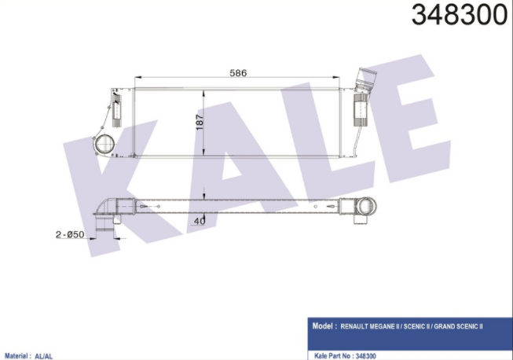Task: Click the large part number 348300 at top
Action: [x=460, y=14]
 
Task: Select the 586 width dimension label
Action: [x=238, y=73]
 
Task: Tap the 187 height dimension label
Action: [x=200, y=122]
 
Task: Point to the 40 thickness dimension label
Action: [x=200, y=221]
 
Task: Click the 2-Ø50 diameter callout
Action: [x=70, y=234]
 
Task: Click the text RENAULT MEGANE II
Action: [x=370, y=327]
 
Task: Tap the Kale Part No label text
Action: [x=332, y=356]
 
